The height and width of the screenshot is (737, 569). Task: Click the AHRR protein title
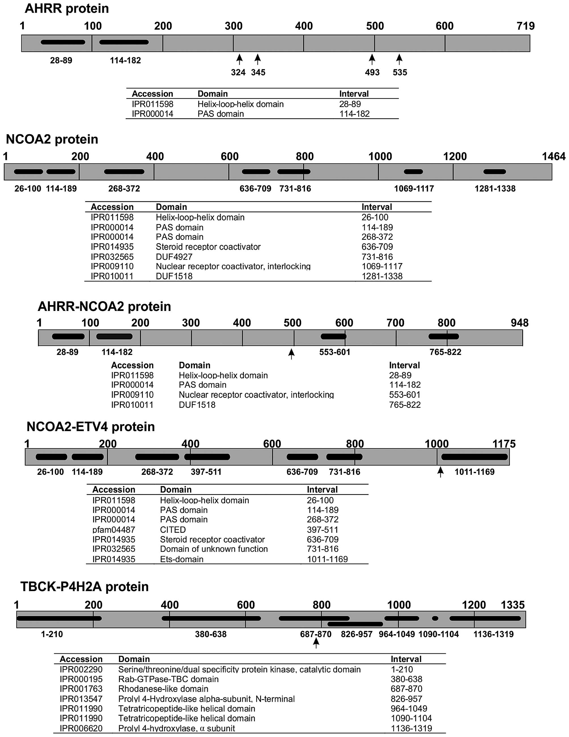67,9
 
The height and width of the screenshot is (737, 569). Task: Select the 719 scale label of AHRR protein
525,26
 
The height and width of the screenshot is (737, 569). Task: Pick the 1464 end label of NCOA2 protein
553,156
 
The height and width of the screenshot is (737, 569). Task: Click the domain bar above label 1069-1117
413,172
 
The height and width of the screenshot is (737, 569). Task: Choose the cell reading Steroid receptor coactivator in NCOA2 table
208,247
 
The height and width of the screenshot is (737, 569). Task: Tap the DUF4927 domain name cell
174,257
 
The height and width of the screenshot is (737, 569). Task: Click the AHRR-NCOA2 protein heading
104,306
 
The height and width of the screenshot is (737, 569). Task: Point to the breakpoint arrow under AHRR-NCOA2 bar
291,354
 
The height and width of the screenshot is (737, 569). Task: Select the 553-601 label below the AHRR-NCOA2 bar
335,352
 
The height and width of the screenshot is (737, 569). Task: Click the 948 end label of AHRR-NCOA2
519,323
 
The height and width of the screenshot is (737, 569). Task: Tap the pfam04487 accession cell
114,530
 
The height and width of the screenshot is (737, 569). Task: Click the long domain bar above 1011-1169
475,457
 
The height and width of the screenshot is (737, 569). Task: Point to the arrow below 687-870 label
316,643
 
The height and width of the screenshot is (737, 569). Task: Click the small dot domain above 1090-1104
435,618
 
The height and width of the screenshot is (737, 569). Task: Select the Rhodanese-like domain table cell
163,689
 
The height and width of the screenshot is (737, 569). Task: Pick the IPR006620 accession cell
81,728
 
